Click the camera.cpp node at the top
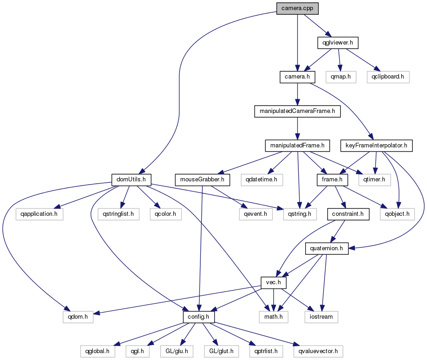click(297, 8)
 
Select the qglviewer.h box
click(337, 43)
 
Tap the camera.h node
click(297, 77)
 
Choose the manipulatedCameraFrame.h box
click(297, 112)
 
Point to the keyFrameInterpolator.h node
click(376, 146)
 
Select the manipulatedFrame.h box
click(297, 146)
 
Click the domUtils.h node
click(131, 180)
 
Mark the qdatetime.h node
click(262, 180)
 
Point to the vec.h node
click(274, 282)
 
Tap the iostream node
click(321, 317)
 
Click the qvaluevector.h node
click(318, 351)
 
